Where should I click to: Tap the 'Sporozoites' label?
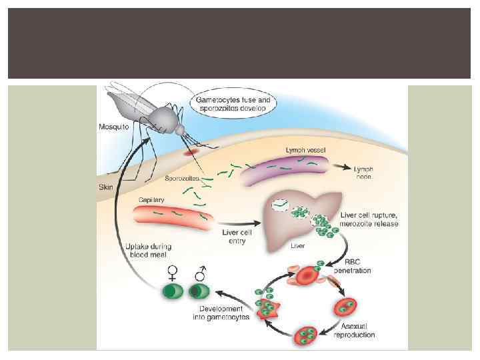click(183, 179)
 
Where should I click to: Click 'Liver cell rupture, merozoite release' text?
click(369, 219)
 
